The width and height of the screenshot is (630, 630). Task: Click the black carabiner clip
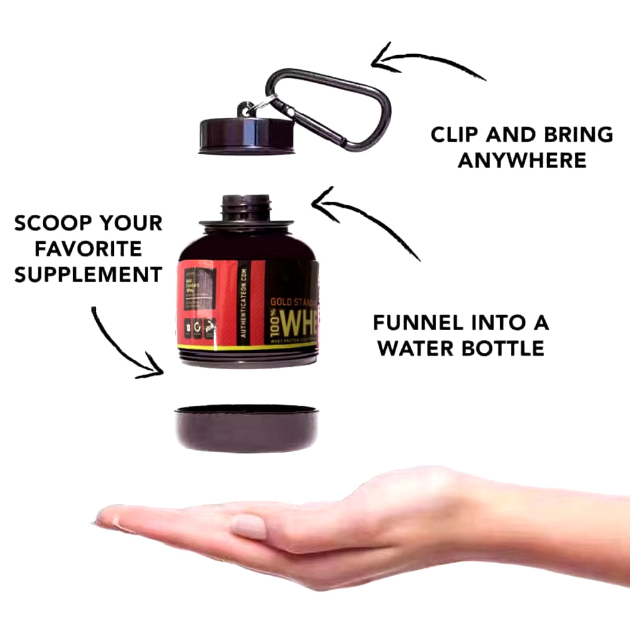[x=353, y=120]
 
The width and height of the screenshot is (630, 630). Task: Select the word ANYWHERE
[x=522, y=160]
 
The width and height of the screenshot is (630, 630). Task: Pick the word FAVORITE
[x=88, y=249]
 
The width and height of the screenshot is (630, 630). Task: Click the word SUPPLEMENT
[x=88, y=275]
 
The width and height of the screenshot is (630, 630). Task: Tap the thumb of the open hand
[x=249, y=526]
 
